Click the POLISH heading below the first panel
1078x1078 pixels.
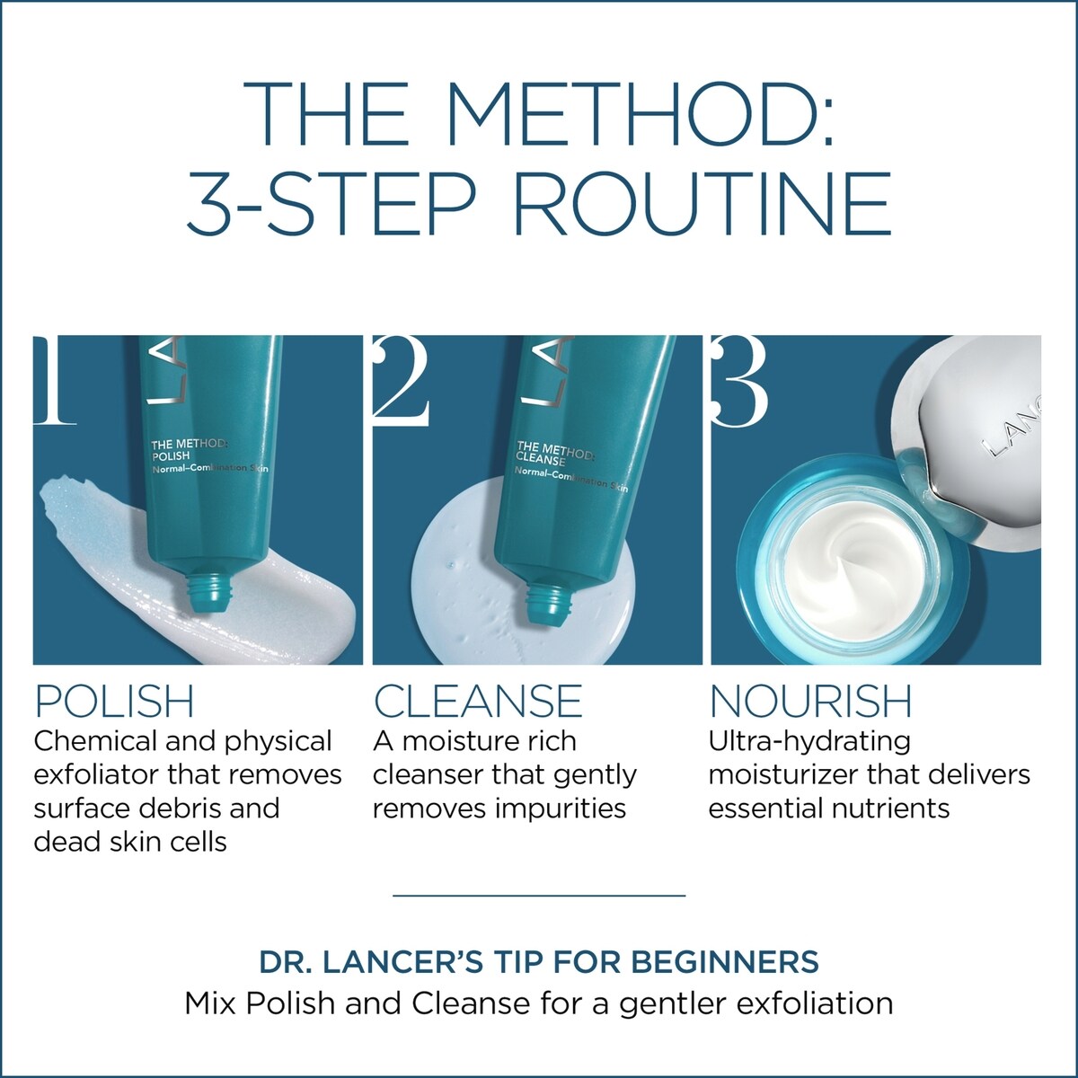tap(114, 701)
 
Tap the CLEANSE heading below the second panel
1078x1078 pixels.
tap(478, 701)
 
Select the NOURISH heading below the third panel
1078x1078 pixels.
tap(810, 701)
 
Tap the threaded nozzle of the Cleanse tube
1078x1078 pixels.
tap(551, 605)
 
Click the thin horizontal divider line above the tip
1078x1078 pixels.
tap(539, 896)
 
